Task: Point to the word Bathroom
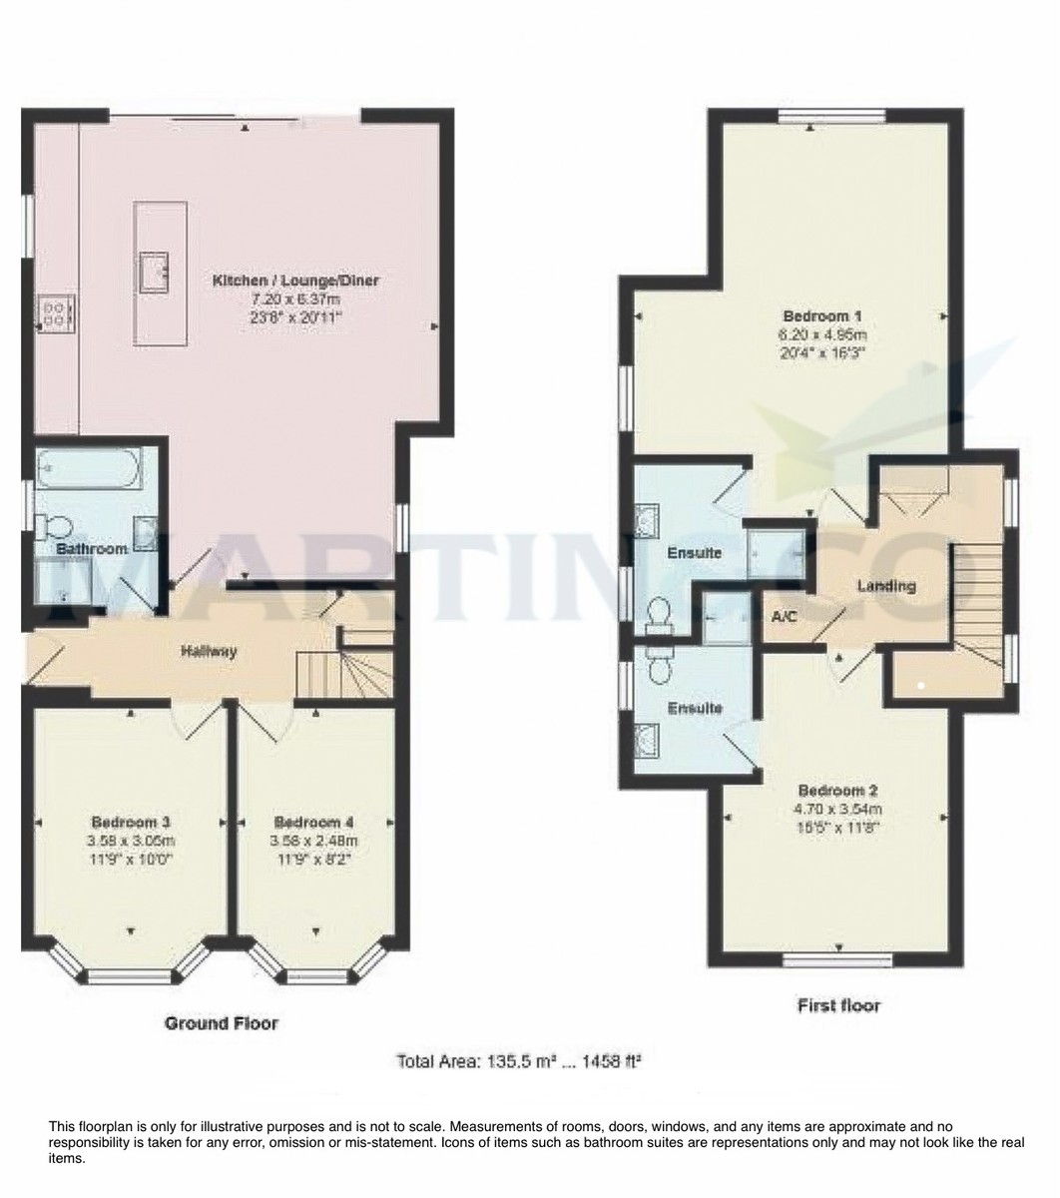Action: click(91, 549)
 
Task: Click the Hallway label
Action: click(209, 652)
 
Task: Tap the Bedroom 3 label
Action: click(131, 822)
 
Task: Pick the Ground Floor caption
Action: click(221, 1023)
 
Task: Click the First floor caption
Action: click(838, 1004)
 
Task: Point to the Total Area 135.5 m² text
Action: click(518, 1060)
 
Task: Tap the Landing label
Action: click(886, 586)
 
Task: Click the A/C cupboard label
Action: click(784, 617)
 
